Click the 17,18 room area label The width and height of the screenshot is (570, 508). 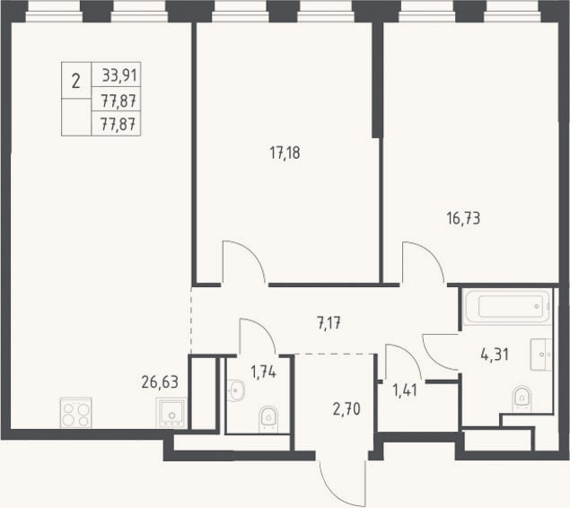[285, 153]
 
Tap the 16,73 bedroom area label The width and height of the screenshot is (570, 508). [463, 219]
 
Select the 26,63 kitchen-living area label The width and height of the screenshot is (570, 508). [160, 382]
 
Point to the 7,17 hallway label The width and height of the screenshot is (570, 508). [329, 323]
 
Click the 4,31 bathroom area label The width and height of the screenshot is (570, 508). [495, 355]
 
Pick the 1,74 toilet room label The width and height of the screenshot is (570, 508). [264, 372]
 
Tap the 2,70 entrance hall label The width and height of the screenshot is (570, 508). [346, 409]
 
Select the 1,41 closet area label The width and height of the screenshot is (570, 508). [405, 391]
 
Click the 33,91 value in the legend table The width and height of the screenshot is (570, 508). [119, 75]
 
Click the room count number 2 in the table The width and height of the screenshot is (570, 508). [75, 81]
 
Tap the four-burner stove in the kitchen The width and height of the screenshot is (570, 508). [75, 413]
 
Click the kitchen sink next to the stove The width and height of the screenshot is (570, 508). [171, 413]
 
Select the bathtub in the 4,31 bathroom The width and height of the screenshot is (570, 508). [507, 306]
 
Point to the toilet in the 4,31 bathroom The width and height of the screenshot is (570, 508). [522, 399]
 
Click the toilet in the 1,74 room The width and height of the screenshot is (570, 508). [268, 419]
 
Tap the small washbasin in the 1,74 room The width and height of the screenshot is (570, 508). [235, 390]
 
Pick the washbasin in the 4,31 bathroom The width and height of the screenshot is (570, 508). [541, 355]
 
